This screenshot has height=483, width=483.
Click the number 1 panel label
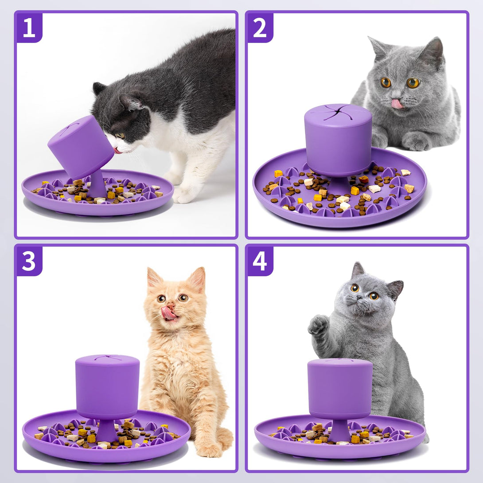click(x=29, y=28)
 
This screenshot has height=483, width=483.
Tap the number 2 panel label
click(x=260, y=28)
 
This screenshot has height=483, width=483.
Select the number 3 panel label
click(x=29, y=261)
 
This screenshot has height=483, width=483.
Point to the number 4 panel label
click(x=260, y=261)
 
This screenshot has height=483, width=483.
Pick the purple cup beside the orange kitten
click(x=107, y=387)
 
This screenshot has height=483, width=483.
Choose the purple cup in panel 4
click(x=340, y=389)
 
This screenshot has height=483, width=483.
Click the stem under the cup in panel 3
click(x=107, y=430)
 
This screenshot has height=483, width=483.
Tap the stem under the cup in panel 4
click(x=339, y=430)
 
